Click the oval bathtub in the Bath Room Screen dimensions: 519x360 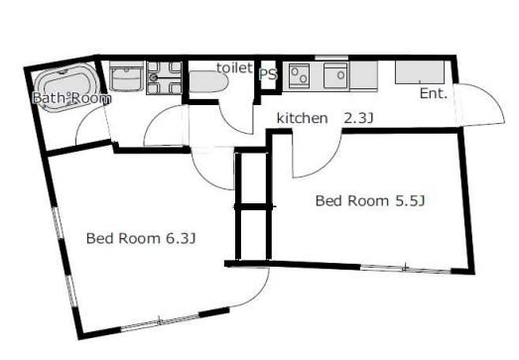coord(65,87)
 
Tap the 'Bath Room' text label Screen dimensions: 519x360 coord(71,98)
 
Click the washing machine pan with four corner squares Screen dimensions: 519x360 coord(165,78)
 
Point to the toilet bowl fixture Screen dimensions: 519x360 coord(208,81)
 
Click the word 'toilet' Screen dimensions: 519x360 coord(234,67)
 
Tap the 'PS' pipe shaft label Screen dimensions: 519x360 coord(268,74)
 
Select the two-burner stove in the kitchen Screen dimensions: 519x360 coord(300,75)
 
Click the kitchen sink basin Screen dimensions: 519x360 coord(335,75)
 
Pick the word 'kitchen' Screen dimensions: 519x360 coord(303,118)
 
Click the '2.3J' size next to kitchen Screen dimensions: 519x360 coord(358,118)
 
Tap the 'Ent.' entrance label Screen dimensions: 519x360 coord(434,93)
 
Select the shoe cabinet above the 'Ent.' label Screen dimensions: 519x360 coord(420,72)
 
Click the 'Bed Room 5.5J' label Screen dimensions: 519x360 coord(370,201)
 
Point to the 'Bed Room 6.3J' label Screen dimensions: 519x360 coord(141,238)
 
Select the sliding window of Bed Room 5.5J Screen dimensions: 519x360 coord(406,269)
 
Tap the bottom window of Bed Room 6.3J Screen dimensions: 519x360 coord(160,322)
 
